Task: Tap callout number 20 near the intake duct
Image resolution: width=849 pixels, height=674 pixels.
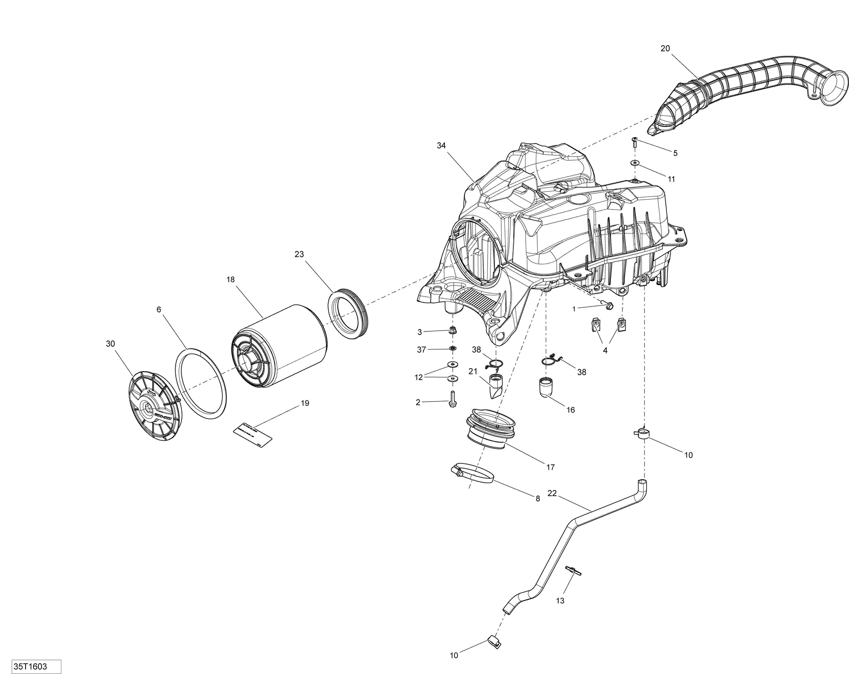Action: pos(665,48)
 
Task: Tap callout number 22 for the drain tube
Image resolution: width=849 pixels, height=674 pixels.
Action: pos(552,493)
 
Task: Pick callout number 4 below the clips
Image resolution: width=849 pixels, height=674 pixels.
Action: pos(605,350)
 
